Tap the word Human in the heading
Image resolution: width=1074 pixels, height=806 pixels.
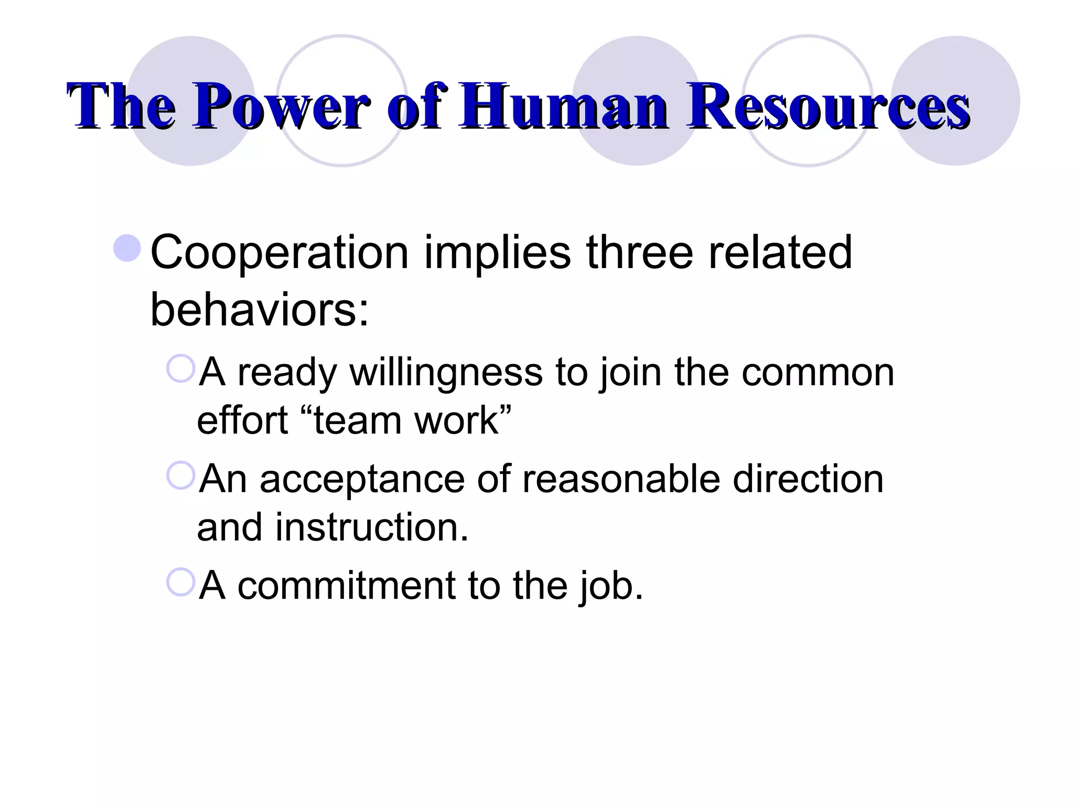pyautogui.click(x=563, y=107)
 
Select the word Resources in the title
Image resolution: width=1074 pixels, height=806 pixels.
pyautogui.click(x=828, y=107)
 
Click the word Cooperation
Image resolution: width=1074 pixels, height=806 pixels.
pyautogui.click(x=279, y=253)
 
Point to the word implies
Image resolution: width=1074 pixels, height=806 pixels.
pyautogui.click(x=497, y=253)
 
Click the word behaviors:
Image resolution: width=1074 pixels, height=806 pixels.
pyautogui.click(x=260, y=310)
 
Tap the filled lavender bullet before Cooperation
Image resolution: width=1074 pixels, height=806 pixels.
pyautogui.click(x=127, y=248)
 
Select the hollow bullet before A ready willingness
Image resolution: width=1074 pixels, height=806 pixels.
pyautogui.click(x=180, y=368)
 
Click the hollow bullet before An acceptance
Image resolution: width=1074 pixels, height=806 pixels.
pyautogui.click(x=180, y=475)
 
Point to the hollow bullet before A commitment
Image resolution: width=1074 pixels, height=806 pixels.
pyautogui.click(x=180, y=582)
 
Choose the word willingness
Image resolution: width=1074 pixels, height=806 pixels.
pyautogui.click(x=446, y=373)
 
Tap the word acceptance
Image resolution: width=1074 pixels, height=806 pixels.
pyautogui.click(x=362, y=480)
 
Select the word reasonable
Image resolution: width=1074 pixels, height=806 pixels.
pyautogui.click(x=621, y=480)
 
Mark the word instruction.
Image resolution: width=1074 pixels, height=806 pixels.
pyautogui.click(x=372, y=528)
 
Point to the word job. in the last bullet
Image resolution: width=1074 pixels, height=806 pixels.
pyautogui.click(x=611, y=587)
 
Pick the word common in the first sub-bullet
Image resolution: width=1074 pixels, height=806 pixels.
pyautogui.click(x=818, y=373)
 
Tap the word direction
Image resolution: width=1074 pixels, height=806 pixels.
pyautogui.click(x=808, y=480)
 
